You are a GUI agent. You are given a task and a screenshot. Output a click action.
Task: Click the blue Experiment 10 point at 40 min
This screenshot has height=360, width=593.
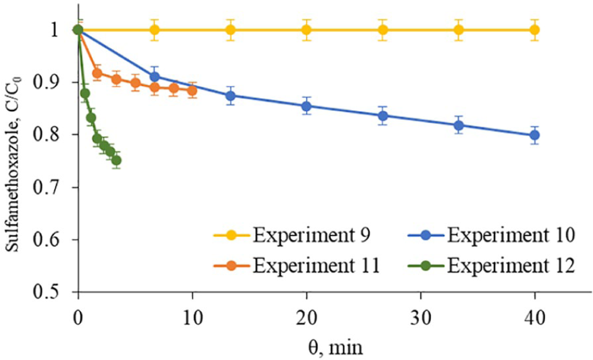(x=535, y=135)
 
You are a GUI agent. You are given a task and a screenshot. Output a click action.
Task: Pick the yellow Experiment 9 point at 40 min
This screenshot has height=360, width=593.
(x=535, y=30)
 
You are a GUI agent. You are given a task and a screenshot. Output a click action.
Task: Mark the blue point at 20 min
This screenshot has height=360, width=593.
(x=307, y=106)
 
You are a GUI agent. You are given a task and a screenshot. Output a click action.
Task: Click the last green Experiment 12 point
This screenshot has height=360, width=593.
(x=116, y=160)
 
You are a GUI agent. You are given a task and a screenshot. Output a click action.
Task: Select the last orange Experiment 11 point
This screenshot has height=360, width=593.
(x=192, y=90)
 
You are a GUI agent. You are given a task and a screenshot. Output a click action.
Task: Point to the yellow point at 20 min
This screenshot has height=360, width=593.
(x=307, y=30)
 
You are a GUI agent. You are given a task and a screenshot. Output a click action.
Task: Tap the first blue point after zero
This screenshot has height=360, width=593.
(x=155, y=77)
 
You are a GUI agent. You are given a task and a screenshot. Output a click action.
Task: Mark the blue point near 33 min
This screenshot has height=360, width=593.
(x=459, y=125)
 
